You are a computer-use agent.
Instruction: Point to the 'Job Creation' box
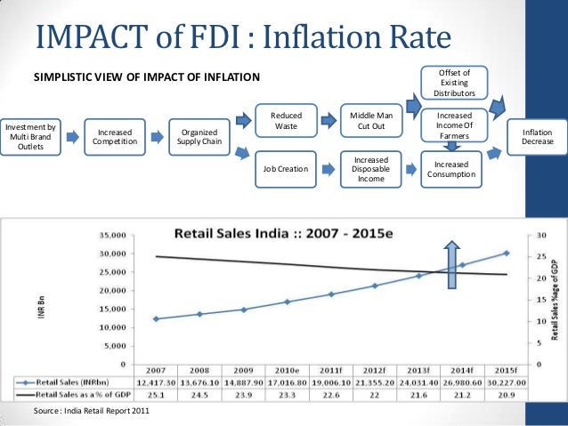click(x=287, y=168)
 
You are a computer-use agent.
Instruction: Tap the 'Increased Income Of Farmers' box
click(x=455, y=125)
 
